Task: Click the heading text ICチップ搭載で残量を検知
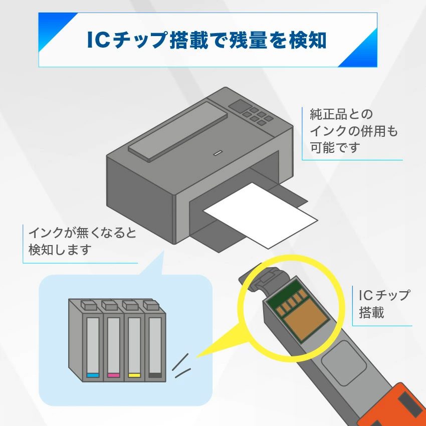point(206,40)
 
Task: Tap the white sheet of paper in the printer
point(261,216)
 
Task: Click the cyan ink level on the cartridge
point(93,375)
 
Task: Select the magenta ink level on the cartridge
point(113,375)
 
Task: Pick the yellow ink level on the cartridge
point(134,375)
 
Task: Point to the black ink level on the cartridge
point(154,375)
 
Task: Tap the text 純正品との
point(341,115)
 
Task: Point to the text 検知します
point(60,250)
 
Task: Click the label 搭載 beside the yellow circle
point(371,313)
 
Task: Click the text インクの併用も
point(353,131)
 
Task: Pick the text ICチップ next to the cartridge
point(384,295)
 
